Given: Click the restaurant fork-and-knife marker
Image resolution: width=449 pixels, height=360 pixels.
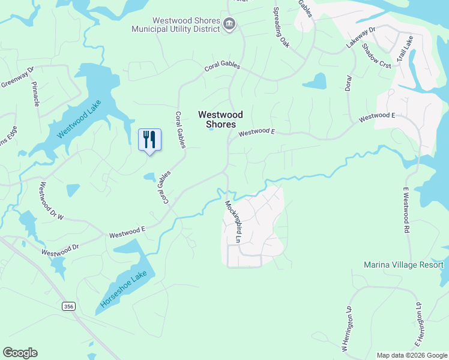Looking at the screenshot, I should coord(149,140).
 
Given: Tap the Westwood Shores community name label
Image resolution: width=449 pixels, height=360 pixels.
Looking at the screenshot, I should coord(221,119).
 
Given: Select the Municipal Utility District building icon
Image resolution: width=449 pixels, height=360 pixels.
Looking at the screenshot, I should coord(229,24).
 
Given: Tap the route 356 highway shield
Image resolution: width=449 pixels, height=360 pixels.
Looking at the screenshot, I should coord(69,306).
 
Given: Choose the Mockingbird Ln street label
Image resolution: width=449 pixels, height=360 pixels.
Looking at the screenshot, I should coord(233,221).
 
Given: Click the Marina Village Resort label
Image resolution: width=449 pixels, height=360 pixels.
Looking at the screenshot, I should coord(404,265).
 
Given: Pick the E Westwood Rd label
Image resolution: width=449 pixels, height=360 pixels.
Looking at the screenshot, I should coord(406,209).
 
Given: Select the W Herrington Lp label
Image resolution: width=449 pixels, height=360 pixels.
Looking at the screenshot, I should coord(345,329).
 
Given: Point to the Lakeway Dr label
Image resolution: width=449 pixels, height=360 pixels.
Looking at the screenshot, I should coord(360,37).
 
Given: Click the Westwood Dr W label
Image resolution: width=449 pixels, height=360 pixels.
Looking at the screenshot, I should coord(52,201).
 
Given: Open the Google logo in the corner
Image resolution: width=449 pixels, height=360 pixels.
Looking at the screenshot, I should coord(20,353).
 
